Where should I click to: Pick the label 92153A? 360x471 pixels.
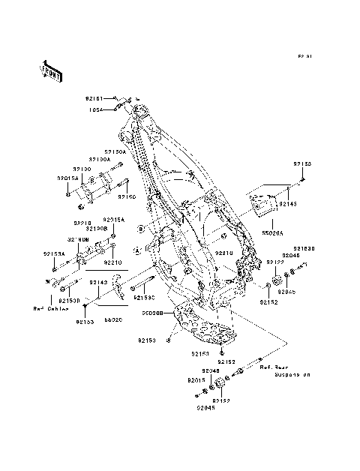[x=55, y=254]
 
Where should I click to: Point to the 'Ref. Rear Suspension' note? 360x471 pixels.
[x=284, y=370]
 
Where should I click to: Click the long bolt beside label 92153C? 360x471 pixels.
[x=142, y=286]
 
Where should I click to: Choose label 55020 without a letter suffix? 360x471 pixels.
[x=112, y=319]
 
